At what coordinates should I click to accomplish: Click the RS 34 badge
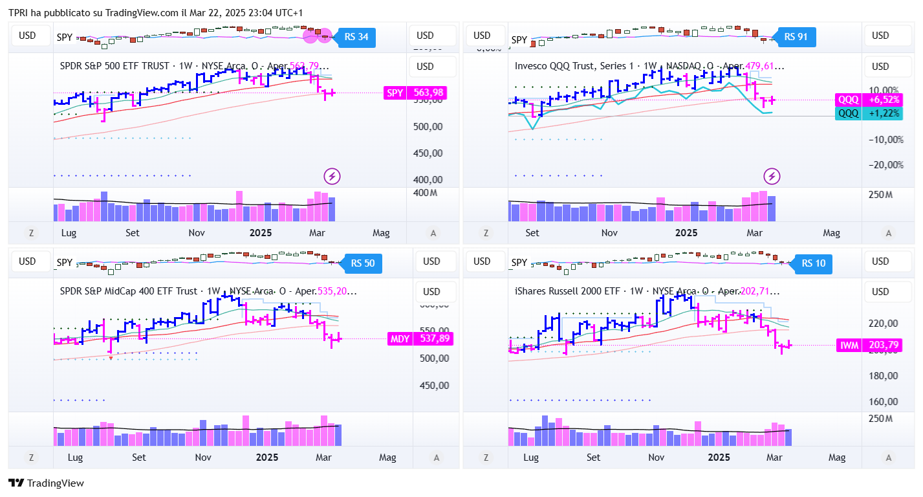(356, 37)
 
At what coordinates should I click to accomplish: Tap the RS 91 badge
(796, 37)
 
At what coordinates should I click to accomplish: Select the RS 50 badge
(363, 263)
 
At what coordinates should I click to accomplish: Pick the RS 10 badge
(813, 263)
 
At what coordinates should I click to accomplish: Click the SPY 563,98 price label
(415, 93)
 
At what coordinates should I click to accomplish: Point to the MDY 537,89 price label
(419, 338)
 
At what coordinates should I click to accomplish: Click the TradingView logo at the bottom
(46, 483)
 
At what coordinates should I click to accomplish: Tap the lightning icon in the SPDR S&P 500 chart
(332, 175)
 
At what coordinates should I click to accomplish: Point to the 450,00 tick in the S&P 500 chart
(427, 153)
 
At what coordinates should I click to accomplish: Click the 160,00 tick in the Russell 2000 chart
(883, 402)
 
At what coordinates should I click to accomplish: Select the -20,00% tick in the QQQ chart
(884, 165)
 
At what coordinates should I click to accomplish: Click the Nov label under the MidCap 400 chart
(203, 458)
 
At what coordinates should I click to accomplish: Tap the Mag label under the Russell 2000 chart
(836, 458)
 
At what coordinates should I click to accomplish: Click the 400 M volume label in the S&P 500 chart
(425, 193)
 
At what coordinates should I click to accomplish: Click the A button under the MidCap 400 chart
(437, 458)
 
